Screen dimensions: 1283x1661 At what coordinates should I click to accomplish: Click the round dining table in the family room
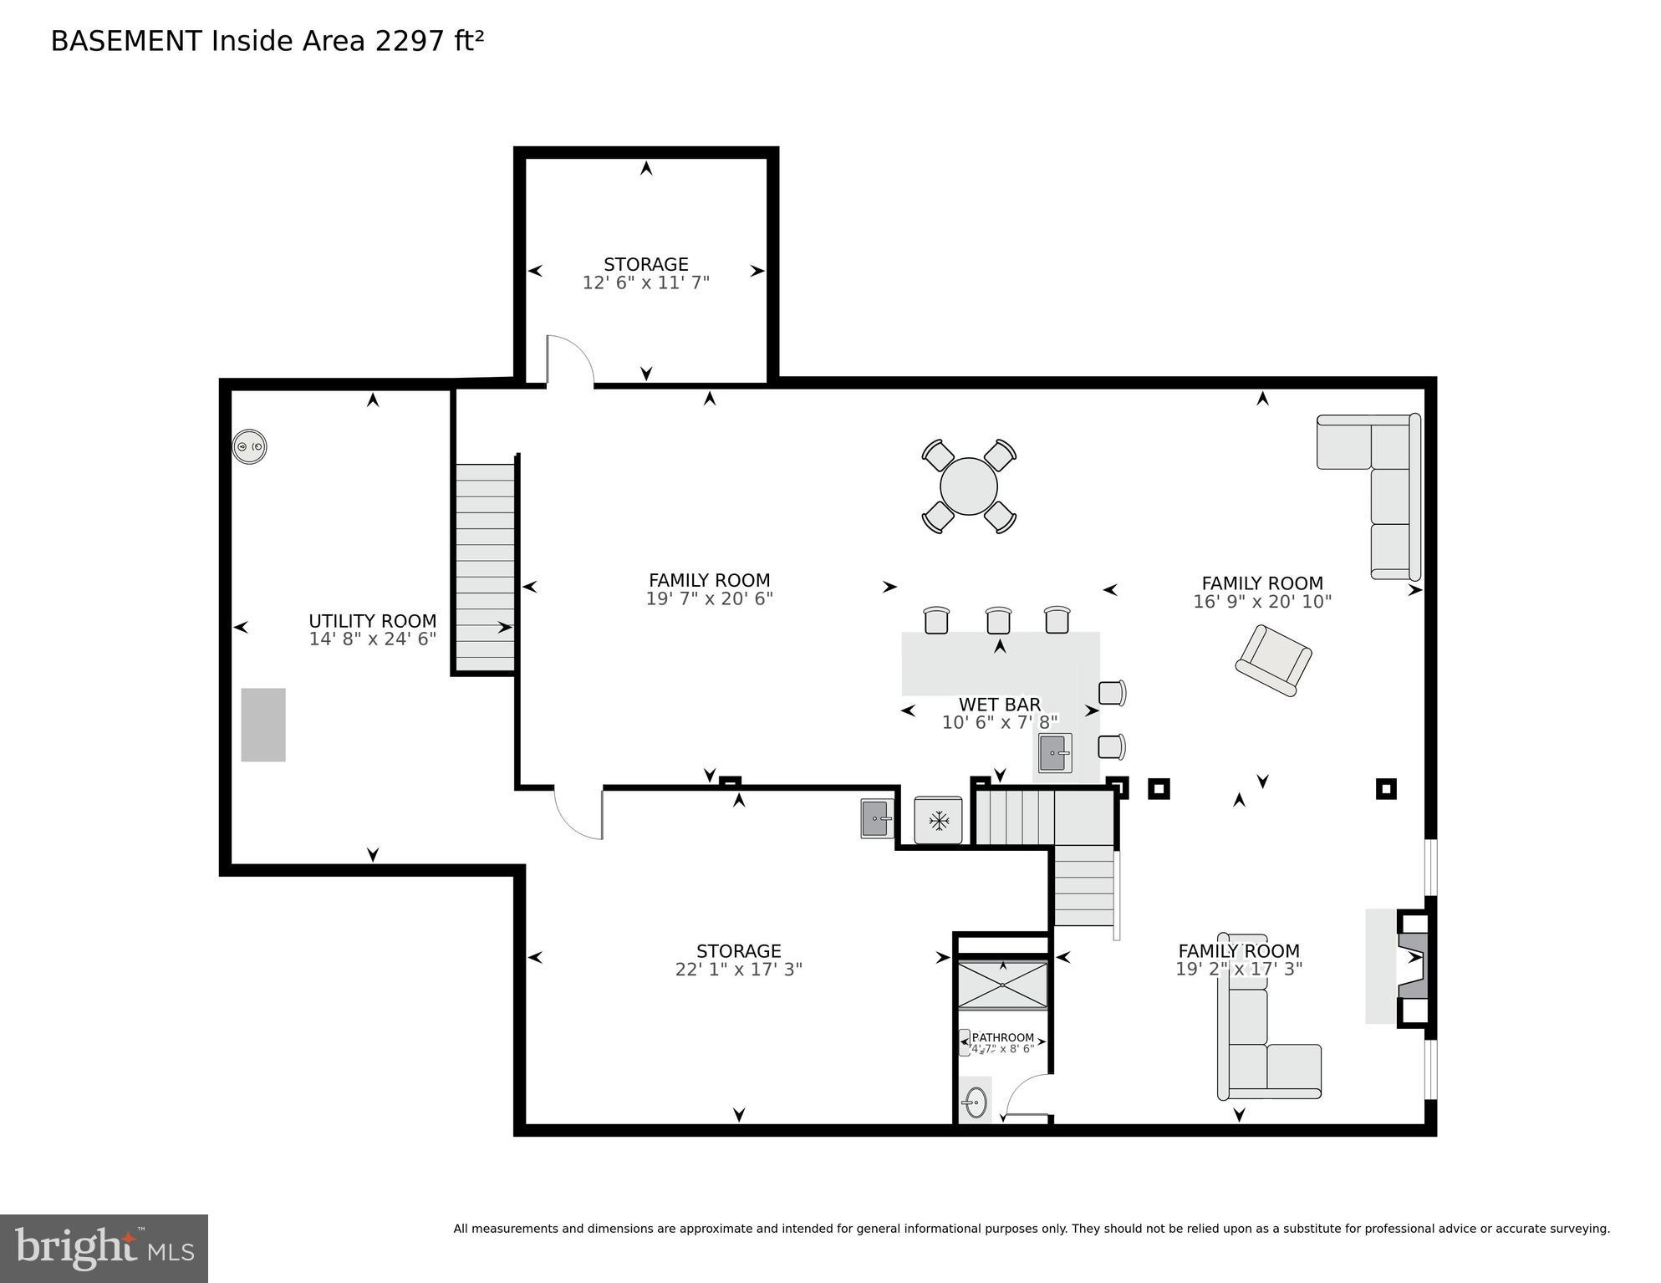click(x=968, y=486)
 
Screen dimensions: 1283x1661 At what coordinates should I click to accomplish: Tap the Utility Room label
click(x=372, y=621)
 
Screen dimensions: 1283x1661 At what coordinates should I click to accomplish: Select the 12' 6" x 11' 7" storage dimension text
click(x=645, y=283)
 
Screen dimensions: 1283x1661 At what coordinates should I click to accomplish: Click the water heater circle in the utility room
click(x=249, y=447)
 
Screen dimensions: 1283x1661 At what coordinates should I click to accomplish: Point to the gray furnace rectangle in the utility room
click(x=263, y=725)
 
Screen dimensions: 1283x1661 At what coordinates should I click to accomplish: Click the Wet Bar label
click(x=999, y=705)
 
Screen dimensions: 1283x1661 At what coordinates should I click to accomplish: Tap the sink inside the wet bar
click(x=1054, y=753)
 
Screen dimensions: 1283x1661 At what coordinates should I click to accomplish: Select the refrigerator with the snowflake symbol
click(x=938, y=821)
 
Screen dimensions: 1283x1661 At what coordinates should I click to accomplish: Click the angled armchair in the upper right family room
click(x=1272, y=660)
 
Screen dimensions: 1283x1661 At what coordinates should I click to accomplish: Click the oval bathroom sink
click(x=975, y=1102)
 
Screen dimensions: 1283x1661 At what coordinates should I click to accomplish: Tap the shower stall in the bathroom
click(x=1001, y=985)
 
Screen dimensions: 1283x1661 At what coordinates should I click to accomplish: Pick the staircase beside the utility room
click(x=485, y=568)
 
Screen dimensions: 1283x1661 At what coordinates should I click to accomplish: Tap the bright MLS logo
click(x=104, y=1249)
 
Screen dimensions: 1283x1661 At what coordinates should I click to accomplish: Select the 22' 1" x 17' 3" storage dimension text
click(x=738, y=970)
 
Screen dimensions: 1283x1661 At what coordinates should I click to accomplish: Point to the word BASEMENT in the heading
click(x=126, y=41)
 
